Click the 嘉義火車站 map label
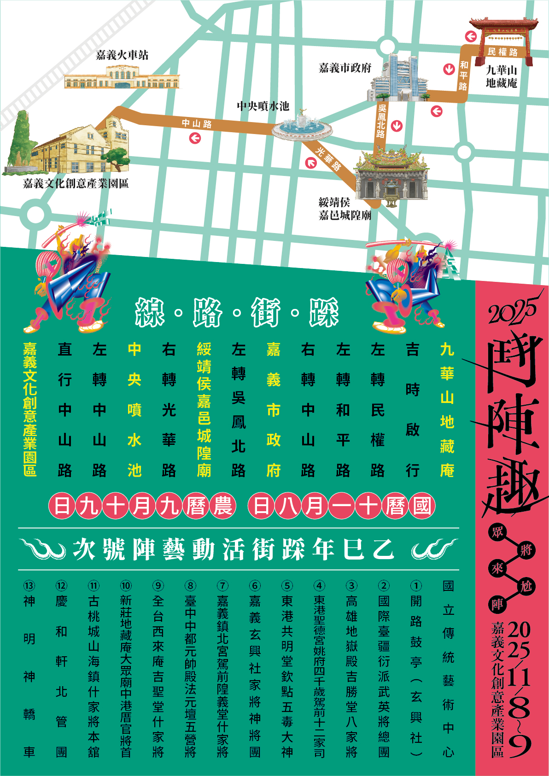click(x=122, y=55)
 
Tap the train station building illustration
click(x=122, y=77)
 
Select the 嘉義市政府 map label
click(x=345, y=68)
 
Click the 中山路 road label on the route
click(x=197, y=123)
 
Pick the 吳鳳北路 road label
click(x=381, y=121)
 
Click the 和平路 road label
click(x=463, y=76)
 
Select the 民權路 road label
click(x=502, y=52)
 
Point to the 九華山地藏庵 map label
click(x=502, y=76)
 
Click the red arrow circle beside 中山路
click(x=195, y=138)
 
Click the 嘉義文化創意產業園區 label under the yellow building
click(x=76, y=183)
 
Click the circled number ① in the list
click(x=416, y=585)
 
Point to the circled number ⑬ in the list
click(x=29, y=585)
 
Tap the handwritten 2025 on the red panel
click(x=512, y=310)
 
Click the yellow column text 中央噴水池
click(x=134, y=409)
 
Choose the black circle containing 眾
click(x=497, y=532)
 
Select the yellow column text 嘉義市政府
click(x=274, y=409)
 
